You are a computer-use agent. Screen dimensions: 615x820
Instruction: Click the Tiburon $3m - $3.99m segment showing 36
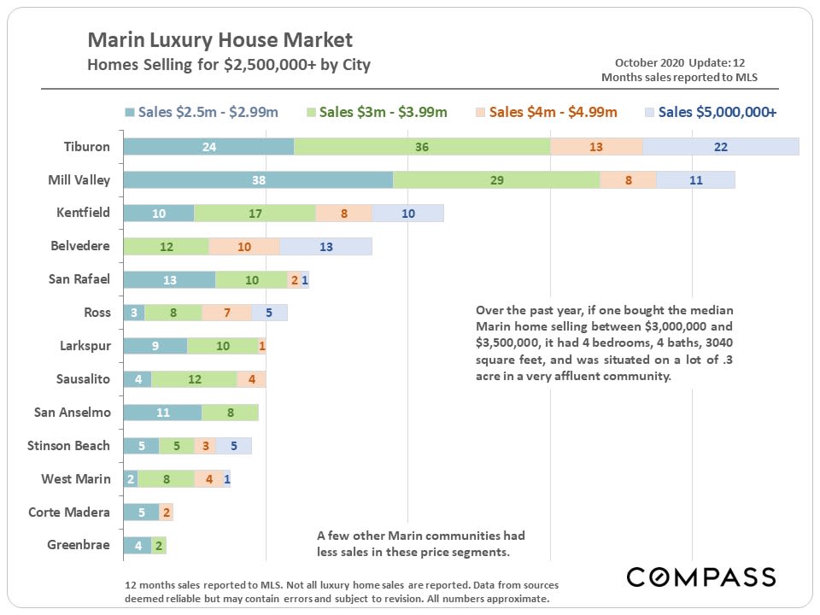pos(422,147)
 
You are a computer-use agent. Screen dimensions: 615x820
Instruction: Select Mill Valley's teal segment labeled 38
pos(258,180)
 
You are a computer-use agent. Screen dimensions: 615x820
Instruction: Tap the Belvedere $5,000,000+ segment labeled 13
pos(325,247)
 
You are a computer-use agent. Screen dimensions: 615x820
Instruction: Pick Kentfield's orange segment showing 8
pos(343,214)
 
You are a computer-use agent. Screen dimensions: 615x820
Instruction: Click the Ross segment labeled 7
pos(226,313)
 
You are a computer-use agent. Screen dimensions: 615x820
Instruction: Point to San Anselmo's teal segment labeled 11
pos(162,413)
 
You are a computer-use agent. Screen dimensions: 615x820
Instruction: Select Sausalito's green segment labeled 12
pos(194,379)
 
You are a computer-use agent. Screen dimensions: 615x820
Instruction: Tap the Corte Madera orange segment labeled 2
pos(166,512)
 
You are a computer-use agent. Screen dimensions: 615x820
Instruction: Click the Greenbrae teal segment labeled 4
pos(138,546)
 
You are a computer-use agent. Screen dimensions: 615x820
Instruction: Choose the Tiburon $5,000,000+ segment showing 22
pos(720,147)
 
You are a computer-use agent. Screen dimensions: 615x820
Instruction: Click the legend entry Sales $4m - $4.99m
pos(547,112)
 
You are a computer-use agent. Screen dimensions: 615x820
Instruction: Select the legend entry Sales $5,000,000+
pos(711,112)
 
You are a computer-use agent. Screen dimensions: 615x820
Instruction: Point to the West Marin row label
pos(75,479)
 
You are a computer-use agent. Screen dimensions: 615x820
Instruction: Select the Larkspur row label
pos(85,346)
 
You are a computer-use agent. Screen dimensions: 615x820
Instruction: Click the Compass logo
pos(701,577)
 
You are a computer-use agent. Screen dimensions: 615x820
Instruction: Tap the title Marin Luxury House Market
pos(220,40)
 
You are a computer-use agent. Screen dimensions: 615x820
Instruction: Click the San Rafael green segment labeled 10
pos(251,280)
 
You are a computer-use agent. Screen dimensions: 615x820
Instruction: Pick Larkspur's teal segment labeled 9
pos(155,346)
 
